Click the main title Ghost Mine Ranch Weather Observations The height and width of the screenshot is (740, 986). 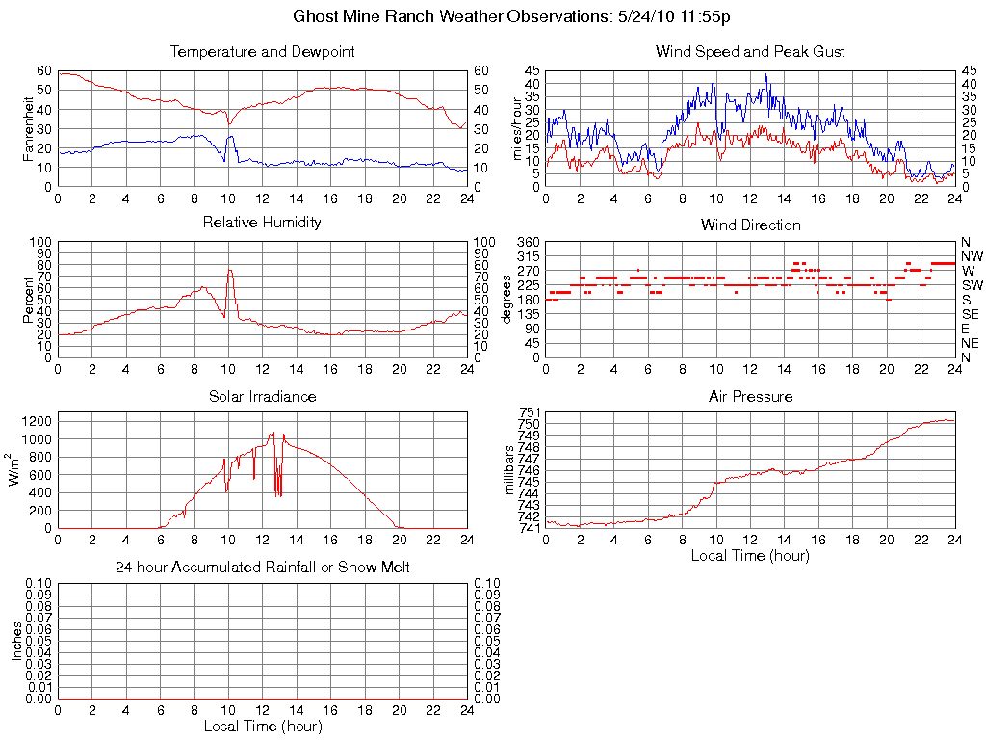coord(510,16)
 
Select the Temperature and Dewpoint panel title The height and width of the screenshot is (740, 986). coord(262,52)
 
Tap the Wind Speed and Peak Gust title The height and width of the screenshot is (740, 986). coord(750,52)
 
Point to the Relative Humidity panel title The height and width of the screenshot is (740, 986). coord(262,223)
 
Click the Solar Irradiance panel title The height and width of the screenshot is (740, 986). coord(262,397)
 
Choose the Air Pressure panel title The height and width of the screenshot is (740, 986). coord(750,397)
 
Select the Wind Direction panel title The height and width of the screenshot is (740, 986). coord(750,225)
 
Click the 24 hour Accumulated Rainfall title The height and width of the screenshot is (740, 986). coord(262,568)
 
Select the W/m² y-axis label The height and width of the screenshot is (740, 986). coord(15,470)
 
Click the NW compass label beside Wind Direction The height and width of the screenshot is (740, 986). coord(971,256)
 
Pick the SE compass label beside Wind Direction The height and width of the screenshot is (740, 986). coord(970,314)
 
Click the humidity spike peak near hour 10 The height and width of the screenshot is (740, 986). coord(230,271)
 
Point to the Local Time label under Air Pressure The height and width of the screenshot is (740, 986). coord(750,555)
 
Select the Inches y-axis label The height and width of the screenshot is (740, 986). coord(16,641)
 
